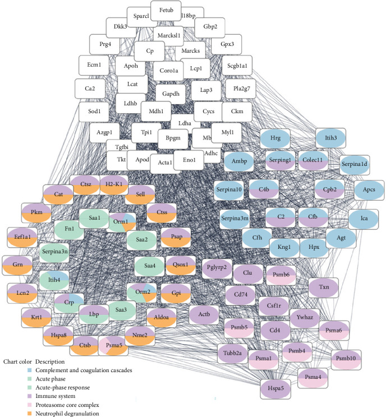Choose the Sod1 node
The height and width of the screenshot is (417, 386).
point(93,112)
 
